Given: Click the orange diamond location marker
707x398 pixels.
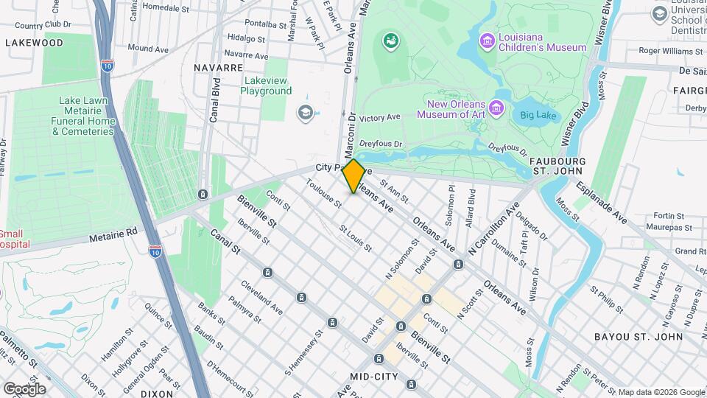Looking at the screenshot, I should [353, 176].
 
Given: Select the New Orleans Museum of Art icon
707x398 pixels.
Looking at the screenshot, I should [497, 109].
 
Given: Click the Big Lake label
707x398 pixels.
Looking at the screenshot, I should [540, 115].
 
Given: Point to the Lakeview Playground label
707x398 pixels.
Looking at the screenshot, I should [266, 85].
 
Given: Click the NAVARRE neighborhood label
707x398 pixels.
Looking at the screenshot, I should [218, 67].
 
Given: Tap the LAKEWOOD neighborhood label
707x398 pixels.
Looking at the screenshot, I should [34, 43].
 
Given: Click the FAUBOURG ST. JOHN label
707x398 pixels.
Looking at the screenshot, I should [557, 166].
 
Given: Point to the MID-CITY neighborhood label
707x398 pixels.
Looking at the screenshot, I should [373, 377].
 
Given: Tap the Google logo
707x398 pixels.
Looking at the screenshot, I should [24, 388].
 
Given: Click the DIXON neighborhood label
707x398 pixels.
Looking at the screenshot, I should [156, 394].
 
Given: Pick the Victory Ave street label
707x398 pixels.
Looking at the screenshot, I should [380, 117].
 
